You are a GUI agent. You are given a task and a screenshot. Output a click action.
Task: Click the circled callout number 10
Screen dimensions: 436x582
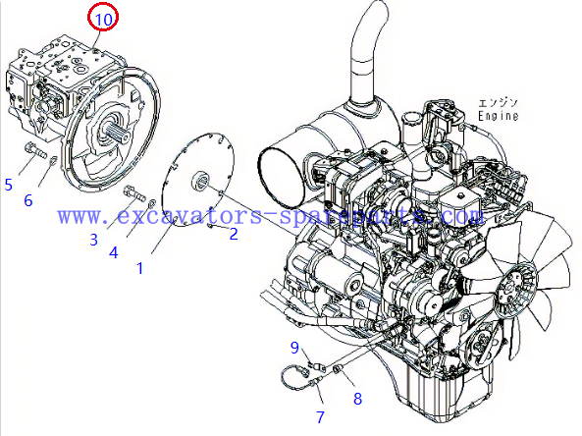pyautogui.click(x=103, y=17)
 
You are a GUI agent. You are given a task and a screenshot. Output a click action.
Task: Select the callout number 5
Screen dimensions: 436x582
pyautogui.click(x=8, y=184)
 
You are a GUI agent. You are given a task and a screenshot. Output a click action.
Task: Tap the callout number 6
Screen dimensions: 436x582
pyautogui.click(x=28, y=200)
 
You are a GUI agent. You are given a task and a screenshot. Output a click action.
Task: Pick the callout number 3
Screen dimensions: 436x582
pyautogui.click(x=94, y=239)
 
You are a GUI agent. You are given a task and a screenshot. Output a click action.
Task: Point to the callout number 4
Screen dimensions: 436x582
pyautogui.click(x=113, y=252)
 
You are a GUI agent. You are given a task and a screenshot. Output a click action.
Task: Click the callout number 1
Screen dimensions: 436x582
pyautogui.click(x=139, y=266)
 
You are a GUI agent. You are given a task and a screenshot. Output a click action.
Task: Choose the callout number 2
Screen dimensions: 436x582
pyautogui.click(x=234, y=234)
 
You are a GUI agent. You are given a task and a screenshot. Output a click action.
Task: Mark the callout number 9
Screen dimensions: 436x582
pyautogui.click(x=294, y=347)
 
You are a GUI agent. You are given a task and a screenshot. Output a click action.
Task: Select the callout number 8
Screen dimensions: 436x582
pyautogui.click(x=357, y=399)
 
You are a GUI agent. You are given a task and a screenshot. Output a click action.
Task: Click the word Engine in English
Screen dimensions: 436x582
pyautogui.click(x=498, y=116)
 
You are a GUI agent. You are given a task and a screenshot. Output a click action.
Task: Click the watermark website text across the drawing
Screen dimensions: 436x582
pyautogui.click(x=270, y=214)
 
